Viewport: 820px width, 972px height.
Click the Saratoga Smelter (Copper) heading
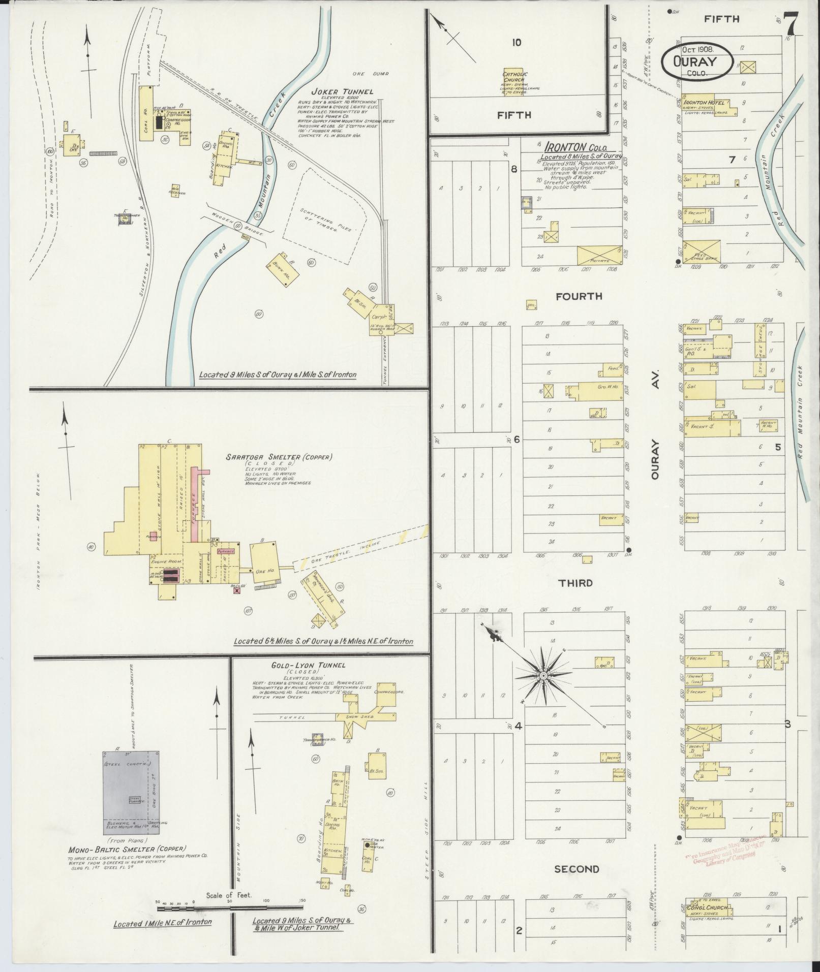tap(279, 457)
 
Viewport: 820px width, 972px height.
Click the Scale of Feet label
tap(229, 896)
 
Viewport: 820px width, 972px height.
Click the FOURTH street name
tap(579, 296)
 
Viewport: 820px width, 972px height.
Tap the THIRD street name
tap(575, 583)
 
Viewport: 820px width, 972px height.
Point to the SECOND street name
tap(576, 869)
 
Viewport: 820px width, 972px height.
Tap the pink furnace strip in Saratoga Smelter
tap(195, 498)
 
